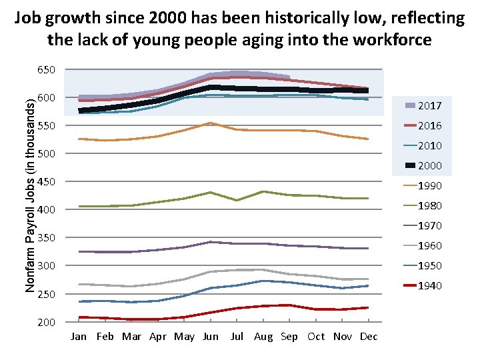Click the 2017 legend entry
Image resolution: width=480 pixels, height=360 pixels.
point(429,105)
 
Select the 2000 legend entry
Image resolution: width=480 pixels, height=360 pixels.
point(429,165)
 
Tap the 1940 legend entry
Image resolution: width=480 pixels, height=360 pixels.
point(429,285)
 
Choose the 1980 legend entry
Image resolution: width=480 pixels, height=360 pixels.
point(429,205)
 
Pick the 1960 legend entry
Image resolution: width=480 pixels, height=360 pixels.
point(429,245)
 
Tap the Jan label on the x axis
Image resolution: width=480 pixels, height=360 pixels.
point(79,337)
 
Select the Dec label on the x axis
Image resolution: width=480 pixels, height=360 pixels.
point(369,337)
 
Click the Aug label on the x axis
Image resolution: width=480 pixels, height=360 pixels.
point(263,337)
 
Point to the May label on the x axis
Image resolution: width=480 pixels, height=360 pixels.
point(184,337)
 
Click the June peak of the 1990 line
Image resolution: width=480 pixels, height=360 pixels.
point(211,123)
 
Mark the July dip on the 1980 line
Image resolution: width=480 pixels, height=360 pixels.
point(237,200)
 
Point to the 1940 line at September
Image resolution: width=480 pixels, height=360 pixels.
point(289,305)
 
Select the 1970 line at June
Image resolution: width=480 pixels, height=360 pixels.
point(211,242)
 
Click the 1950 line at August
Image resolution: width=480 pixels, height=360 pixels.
point(263,281)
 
